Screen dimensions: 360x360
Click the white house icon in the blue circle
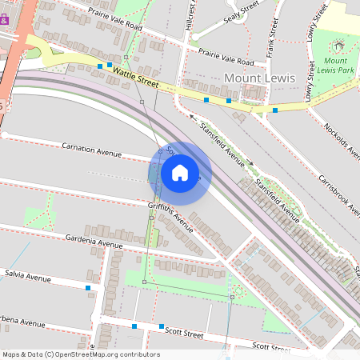[180, 173]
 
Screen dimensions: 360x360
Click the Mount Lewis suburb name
[259, 78]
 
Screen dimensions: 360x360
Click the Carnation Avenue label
[92, 149]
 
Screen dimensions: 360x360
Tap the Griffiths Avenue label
[170, 217]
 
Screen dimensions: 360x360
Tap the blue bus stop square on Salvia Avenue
[87, 287]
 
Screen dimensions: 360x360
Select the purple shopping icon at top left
[4, 20]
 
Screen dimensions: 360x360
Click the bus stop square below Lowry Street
[275, 110]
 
